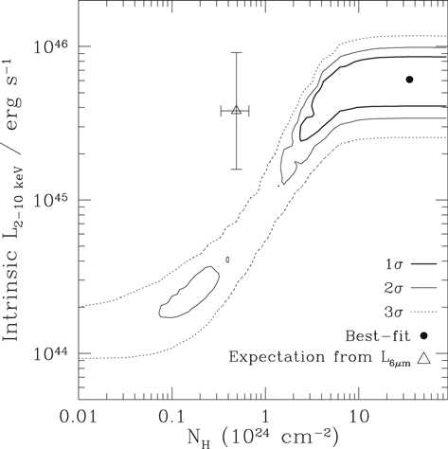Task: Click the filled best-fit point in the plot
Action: pos(409,80)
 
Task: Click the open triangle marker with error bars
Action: pos(236,110)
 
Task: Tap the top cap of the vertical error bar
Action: pos(236,53)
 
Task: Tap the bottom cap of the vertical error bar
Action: pos(236,170)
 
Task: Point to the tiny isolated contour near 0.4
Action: pos(228,259)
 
